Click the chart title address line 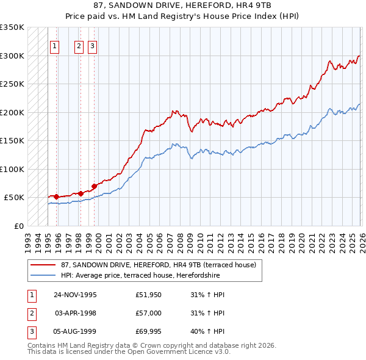(x=182, y=5)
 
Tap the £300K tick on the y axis (x=12, y=56)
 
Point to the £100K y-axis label (x=12, y=169)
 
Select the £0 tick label (x=18, y=226)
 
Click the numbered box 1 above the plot (x=54, y=45)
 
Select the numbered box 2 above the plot (x=79, y=45)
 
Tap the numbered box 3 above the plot (x=92, y=45)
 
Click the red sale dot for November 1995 (x=56, y=196)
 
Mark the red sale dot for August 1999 (x=94, y=186)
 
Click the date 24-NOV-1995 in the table (x=75, y=295)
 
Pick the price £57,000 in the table (x=149, y=313)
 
